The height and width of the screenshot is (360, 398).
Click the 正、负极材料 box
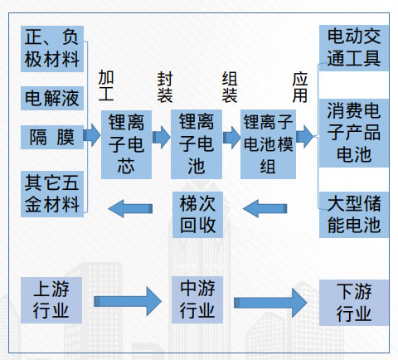52,49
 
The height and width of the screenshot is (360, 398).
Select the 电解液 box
52,98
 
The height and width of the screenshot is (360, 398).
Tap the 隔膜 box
52,137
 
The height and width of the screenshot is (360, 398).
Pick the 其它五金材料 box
52,194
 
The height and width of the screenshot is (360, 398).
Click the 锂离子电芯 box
126,144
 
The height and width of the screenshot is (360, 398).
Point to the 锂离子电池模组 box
268,144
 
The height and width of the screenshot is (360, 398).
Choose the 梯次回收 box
197,215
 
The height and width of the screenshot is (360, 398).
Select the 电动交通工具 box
354,48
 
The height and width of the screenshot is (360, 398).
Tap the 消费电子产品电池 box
354,133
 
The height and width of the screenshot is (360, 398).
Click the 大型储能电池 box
354,215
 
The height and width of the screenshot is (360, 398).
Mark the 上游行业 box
51,300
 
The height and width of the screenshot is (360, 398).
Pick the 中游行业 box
197,299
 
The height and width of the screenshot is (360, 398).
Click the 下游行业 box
354,303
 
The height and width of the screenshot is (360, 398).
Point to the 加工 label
106,85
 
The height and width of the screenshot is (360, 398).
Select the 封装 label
165,87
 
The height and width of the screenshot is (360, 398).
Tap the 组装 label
230,87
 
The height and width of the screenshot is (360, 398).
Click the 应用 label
300,87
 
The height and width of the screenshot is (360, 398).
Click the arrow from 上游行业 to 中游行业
128,301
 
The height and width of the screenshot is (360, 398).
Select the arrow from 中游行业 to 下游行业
270,303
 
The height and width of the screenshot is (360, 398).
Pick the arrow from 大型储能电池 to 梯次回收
265,208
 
